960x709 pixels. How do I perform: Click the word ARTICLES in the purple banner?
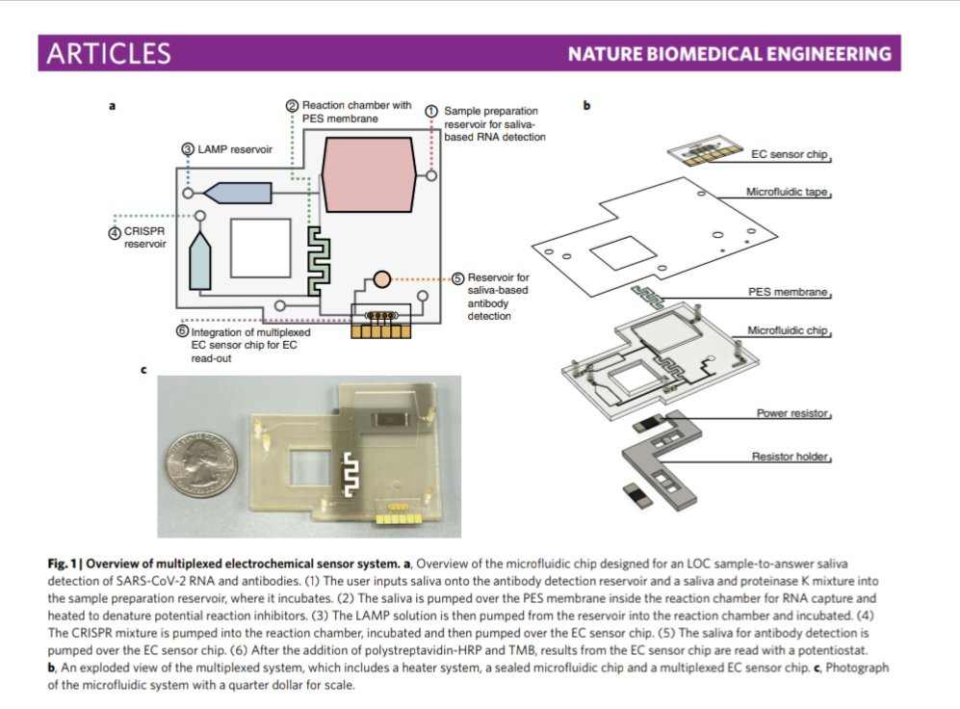click(x=108, y=54)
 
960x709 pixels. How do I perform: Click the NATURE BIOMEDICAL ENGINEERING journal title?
click(x=729, y=54)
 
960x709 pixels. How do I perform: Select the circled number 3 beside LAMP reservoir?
click(x=189, y=149)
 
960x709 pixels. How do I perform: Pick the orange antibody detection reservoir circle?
click(x=380, y=278)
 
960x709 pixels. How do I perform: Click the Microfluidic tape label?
click(x=787, y=192)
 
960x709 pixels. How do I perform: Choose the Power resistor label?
click(x=793, y=413)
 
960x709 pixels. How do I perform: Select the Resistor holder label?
click(x=790, y=456)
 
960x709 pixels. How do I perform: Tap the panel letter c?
click(x=143, y=369)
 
